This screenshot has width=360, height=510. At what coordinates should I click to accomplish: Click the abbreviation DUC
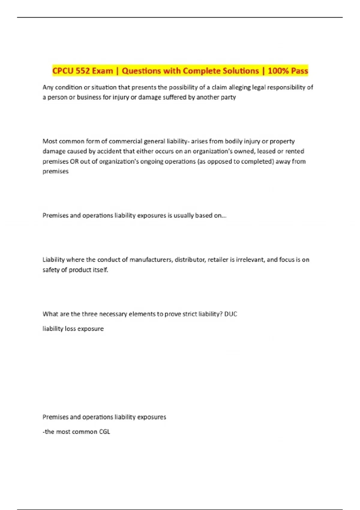(x=231, y=314)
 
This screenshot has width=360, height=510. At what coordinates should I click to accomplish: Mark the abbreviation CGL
(x=104, y=432)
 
